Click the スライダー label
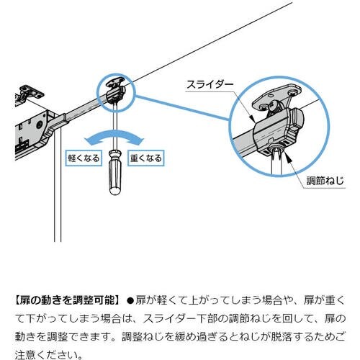tap(210, 85)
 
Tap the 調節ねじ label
tap(325, 181)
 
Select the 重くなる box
tap(146, 158)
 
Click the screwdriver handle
tap(115, 172)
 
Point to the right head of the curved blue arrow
tap(139, 140)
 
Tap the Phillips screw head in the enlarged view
tap(274, 106)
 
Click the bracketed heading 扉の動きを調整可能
tap(66, 300)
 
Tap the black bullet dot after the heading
tap(130, 300)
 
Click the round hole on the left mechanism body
tap(39, 125)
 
